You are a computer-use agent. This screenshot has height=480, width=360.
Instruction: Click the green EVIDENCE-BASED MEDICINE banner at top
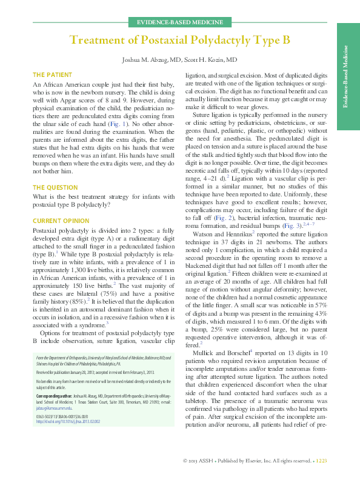[179, 22]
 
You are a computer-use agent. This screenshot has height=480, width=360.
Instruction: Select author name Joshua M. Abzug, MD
[156, 61]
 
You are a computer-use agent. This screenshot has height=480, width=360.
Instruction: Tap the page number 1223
[321, 462]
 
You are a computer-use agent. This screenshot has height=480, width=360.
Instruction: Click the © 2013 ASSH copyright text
[200, 462]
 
